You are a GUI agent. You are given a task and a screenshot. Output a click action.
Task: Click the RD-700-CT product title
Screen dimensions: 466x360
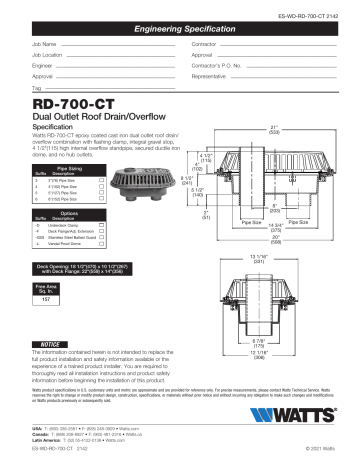76,102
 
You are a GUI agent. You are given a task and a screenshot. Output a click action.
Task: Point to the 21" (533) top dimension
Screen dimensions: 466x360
274,130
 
